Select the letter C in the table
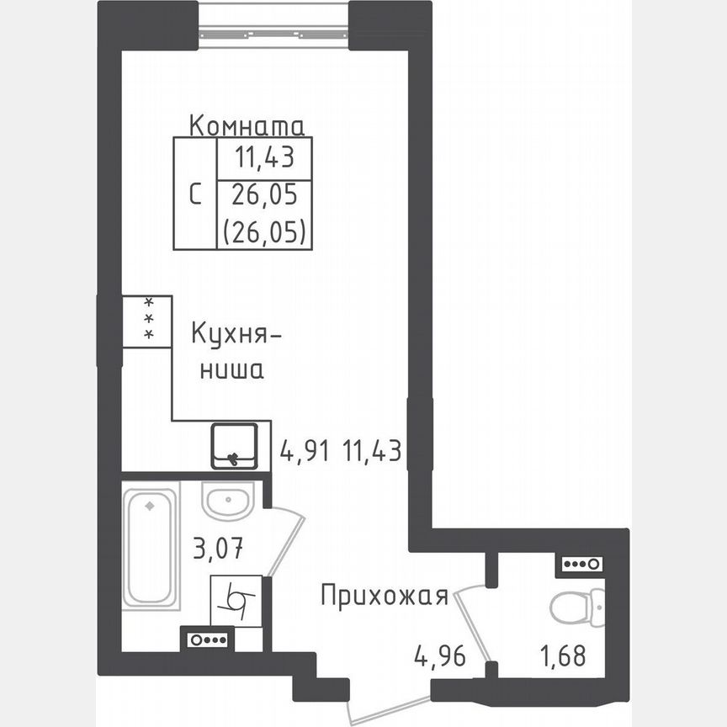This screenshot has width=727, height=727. [194, 194]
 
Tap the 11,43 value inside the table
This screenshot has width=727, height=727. [264, 158]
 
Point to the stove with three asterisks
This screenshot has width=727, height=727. [147, 321]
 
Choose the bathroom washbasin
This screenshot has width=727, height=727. [227, 505]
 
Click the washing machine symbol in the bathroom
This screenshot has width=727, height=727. [236, 601]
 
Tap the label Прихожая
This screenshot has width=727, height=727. [383, 597]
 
